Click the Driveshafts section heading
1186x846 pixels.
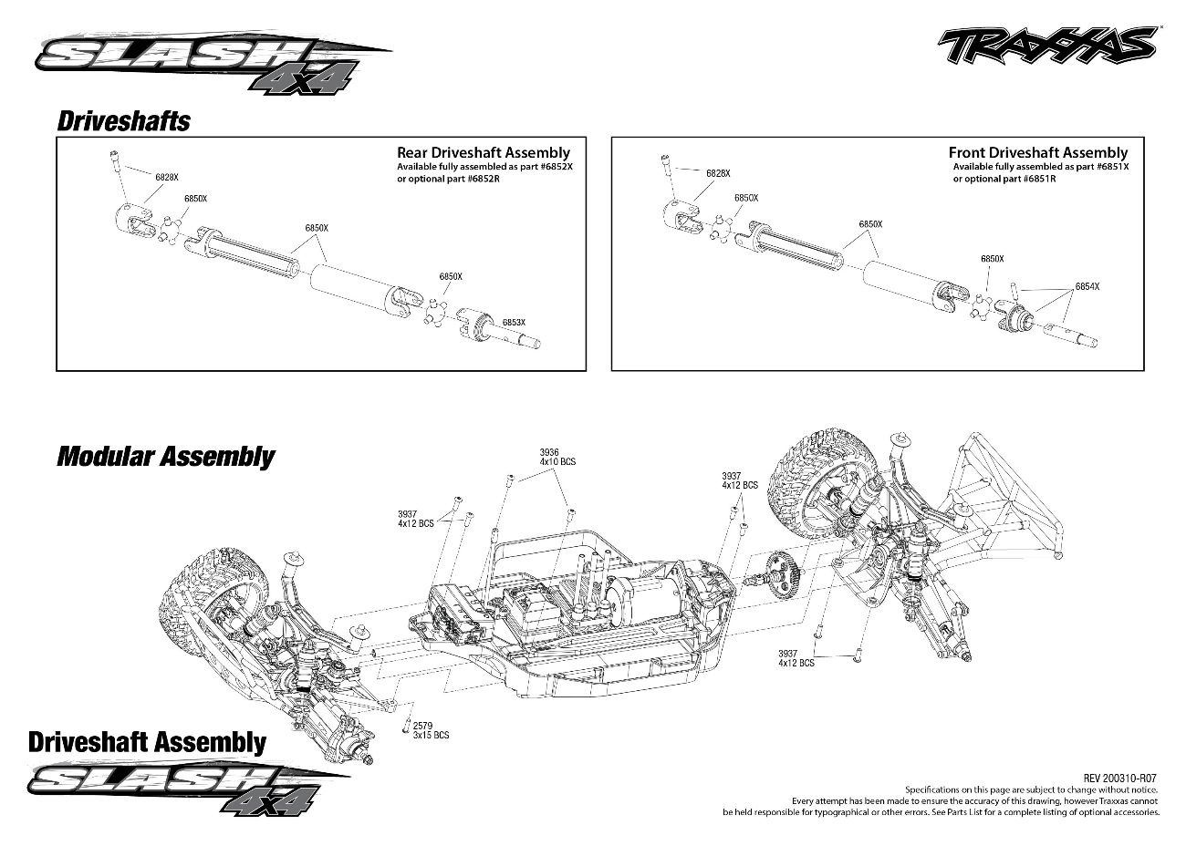pyautogui.click(x=123, y=121)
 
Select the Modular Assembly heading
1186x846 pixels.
pyautogui.click(x=165, y=456)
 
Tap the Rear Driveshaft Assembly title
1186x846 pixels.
pyautogui.click(x=483, y=153)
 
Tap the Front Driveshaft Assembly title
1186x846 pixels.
pyautogui.click(x=1037, y=153)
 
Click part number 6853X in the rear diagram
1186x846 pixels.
pyautogui.click(x=514, y=322)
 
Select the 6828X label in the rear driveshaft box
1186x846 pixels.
pyautogui.click(x=167, y=177)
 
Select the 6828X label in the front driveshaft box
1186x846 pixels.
pyautogui.click(x=718, y=173)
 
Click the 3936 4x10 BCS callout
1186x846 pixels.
pyautogui.click(x=557, y=457)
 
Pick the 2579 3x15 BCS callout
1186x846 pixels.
pyautogui.click(x=430, y=730)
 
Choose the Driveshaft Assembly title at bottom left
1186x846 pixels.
pyautogui.click(x=147, y=742)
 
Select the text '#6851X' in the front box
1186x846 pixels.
pyautogui.click(x=1112, y=167)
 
